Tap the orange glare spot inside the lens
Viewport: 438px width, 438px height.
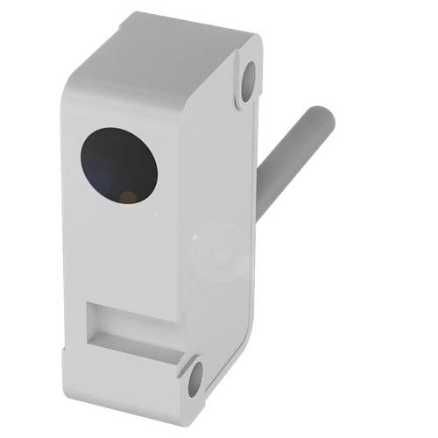[128, 197]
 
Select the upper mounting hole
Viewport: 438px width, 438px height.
[248, 80]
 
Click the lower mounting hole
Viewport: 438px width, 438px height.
[195, 378]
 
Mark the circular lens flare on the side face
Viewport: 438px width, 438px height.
[220, 251]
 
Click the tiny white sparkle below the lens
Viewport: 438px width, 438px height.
[157, 216]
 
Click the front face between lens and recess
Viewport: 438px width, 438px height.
[123, 254]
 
